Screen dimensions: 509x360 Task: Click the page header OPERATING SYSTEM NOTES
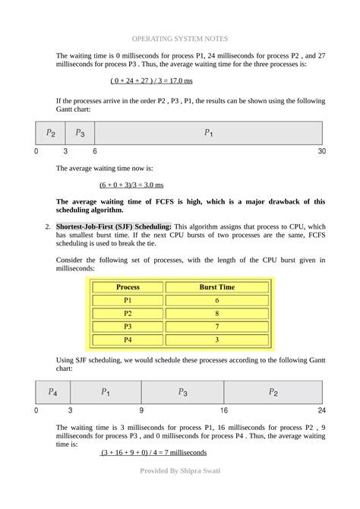pos(179,38)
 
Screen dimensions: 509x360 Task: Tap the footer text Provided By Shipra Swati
pos(179,471)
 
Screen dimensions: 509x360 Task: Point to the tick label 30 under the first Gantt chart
pos(321,151)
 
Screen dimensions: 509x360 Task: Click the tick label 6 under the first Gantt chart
pos(95,151)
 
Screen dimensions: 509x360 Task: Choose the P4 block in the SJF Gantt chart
pos(52,392)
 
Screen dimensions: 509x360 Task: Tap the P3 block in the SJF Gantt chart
pos(182,392)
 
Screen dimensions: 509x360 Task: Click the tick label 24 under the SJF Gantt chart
pos(321,410)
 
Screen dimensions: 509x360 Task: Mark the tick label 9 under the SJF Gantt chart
pos(141,410)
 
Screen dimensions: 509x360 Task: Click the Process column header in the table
pos(128,288)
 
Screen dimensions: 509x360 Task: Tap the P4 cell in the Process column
pos(128,339)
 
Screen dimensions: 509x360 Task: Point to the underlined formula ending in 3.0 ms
pos(131,185)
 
